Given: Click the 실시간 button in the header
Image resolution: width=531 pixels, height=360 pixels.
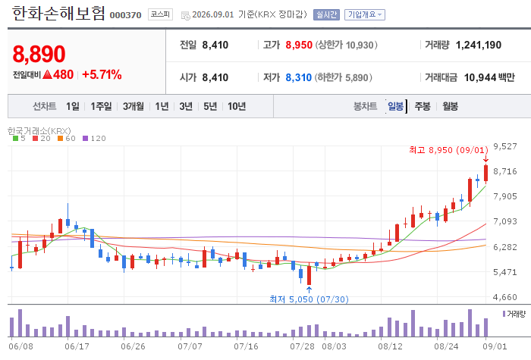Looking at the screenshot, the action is click(x=326, y=14).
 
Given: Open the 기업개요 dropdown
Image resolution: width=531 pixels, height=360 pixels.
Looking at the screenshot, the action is click(x=365, y=14).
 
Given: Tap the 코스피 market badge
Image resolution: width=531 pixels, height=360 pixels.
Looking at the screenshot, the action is click(x=160, y=14).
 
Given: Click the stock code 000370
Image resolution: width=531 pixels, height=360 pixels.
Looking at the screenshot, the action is click(x=125, y=15).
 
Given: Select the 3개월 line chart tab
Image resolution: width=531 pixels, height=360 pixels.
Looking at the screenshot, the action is click(x=133, y=106).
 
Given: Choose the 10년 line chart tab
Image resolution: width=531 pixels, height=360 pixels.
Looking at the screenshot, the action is click(x=237, y=106).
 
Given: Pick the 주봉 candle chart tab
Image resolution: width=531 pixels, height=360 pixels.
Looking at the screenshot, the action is click(x=423, y=106).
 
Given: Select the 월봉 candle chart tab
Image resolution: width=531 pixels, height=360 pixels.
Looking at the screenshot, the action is click(x=450, y=106).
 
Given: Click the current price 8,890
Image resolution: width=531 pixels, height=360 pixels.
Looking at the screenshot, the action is click(x=39, y=54).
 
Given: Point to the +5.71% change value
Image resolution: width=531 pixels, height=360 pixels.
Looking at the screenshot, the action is click(x=102, y=74).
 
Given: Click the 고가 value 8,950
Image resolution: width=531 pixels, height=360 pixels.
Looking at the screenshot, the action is click(x=299, y=45).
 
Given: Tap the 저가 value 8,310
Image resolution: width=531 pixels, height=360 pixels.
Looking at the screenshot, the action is click(x=298, y=77).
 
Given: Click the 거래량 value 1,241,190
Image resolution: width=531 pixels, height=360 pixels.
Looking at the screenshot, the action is click(x=478, y=45).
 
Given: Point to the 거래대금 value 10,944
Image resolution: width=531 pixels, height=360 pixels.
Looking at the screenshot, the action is click(x=480, y=77).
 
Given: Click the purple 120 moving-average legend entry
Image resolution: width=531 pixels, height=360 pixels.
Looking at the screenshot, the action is click(x=94, y=138).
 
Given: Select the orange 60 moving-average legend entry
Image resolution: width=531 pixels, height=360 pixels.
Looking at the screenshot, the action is click(x=67, y=138).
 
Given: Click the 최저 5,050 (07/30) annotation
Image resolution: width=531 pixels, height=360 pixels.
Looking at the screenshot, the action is click(x=309, y=299).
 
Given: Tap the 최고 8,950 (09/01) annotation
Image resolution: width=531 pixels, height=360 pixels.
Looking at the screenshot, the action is click(x=449, y=150).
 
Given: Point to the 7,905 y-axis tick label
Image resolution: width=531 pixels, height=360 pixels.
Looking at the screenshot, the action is click(x=505, y=196).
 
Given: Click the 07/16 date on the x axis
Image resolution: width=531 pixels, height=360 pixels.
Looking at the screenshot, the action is click(x=246, y=346).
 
